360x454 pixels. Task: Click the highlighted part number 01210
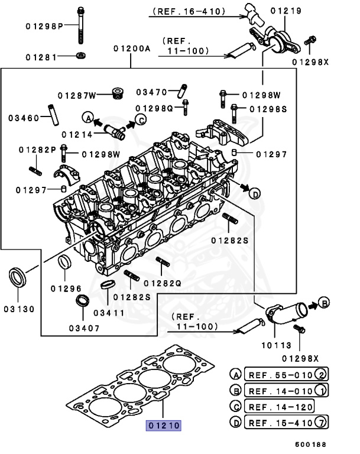coord(164,424)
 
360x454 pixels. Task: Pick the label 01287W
coord(76,95)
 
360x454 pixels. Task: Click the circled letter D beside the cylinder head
coord(254,193)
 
